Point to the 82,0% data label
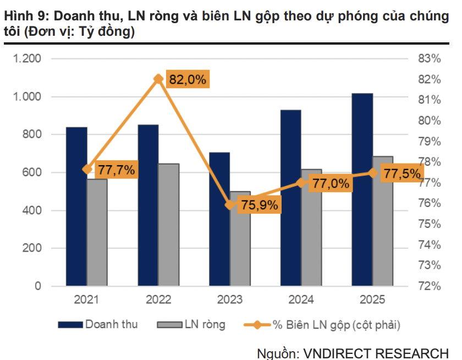tap(188, 79)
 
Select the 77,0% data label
tap(331, 184)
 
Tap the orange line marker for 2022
tap(158, 79)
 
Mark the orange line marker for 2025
tap(372, 173)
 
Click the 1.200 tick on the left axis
tap(28, 59)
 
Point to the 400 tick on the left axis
tap(32, 210)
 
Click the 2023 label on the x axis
tap(229, 301)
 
